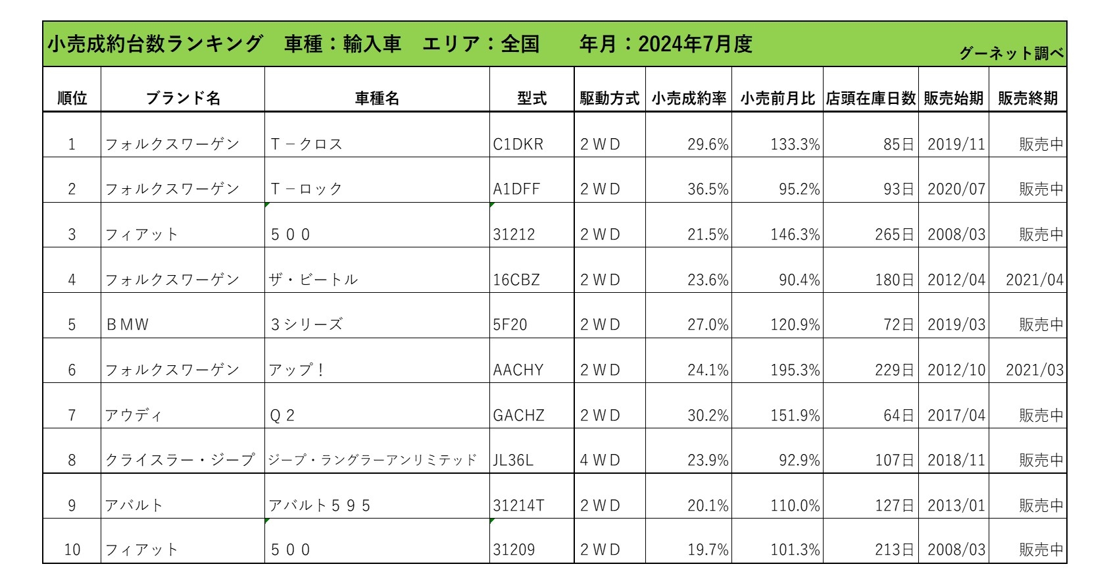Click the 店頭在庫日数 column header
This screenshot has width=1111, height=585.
(870, 99)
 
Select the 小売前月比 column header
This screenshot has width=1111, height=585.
(777, 99)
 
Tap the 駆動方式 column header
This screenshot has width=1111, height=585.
(609, 99)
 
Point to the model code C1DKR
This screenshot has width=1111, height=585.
(518, 144)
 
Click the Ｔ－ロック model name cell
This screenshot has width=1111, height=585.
(307, 190)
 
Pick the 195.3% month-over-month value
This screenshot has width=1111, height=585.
(795, 370)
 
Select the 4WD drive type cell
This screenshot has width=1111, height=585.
(600, 461)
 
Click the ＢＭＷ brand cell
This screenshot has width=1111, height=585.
(128, 325)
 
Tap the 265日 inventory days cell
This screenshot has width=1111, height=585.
(894, 235)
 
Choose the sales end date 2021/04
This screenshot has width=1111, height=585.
(1034, 280)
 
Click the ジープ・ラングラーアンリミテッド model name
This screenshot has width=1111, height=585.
(372, 461)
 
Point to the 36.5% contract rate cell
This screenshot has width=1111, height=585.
(708, 190)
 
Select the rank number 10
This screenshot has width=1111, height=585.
(72, 550)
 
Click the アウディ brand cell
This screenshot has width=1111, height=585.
(134, 416)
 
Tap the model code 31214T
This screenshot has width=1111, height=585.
(518, 506)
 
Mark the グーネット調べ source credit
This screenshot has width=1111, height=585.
(1011, 53)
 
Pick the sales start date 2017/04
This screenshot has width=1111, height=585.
(956, 416)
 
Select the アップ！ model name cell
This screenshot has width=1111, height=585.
(297, 370)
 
